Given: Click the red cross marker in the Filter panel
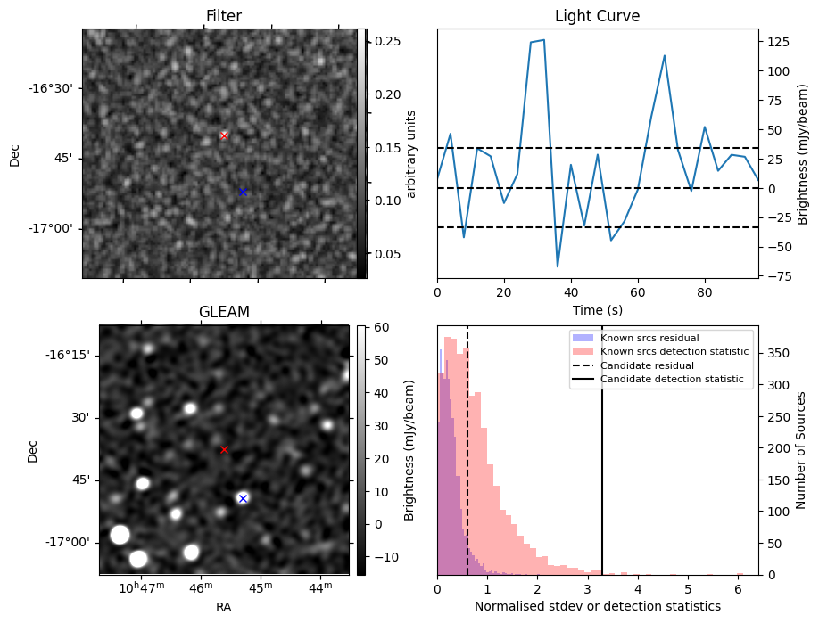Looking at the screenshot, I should click(x=224, y=135).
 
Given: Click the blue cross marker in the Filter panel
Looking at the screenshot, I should click(x=243, y=192).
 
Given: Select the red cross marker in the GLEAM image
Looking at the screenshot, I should click(x=224, y=449).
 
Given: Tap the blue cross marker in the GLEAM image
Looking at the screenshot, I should click(x=243, y=498).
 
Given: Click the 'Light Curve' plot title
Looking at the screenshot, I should click(x=597, y=16).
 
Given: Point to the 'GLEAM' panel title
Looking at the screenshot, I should click(x=224, y=312).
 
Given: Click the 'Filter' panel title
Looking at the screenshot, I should click(x=224, y=16).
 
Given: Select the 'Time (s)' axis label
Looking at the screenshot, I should click(x=597, y=309).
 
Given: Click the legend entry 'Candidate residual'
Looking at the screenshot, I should click(x=642, y=365).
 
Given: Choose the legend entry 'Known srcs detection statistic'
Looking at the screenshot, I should click(x=674, y=352).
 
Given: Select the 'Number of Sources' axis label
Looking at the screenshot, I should click(x=800, y=450).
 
